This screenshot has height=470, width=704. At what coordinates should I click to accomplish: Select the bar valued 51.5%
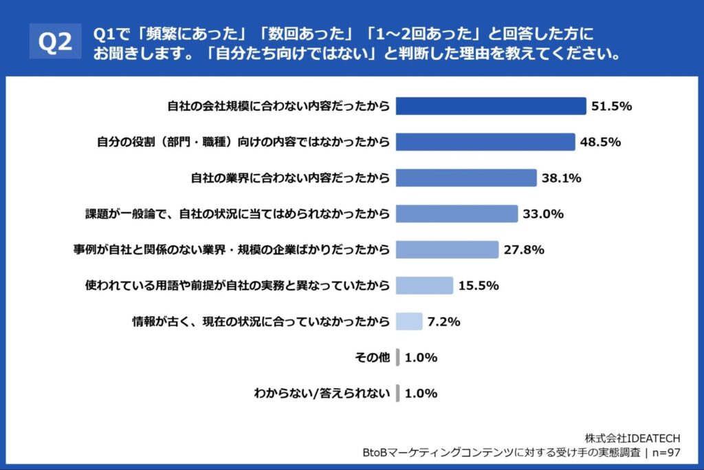[492, 106]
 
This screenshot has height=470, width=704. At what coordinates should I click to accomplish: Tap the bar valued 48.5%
[485, 142]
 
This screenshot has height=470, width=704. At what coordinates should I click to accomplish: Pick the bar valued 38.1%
[466, 178]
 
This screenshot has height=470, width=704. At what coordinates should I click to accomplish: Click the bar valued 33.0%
[456, 213]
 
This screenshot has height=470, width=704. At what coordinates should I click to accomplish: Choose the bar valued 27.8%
[447, 249]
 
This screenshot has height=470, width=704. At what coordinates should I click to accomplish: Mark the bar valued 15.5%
[424, 285]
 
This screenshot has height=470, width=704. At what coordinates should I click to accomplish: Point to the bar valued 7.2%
[409, 321]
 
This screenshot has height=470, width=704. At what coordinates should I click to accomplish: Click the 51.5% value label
[612, 106]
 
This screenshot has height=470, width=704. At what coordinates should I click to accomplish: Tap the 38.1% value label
[561, 178]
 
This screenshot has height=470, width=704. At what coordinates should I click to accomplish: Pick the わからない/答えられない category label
[322, 394]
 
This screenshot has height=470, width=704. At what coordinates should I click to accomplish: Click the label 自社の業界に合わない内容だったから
[290, 178]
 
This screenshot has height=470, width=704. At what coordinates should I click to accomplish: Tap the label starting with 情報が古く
[261, 321]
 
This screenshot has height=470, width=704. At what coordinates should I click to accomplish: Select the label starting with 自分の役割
[243, 142]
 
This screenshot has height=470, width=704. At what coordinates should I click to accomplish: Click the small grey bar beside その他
[398, 357]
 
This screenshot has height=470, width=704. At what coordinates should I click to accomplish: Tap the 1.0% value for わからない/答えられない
[421, 394]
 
